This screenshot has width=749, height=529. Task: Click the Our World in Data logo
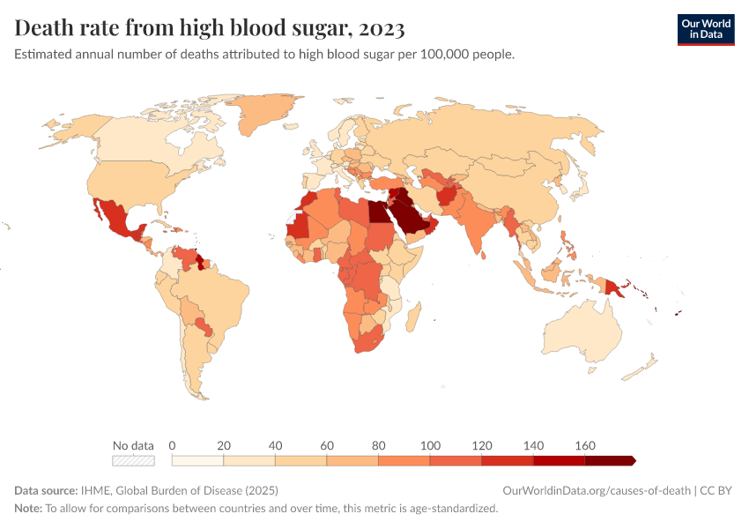pos(705,29)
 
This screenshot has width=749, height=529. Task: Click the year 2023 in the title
pos(382,28)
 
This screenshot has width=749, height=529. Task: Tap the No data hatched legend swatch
pos(133,460)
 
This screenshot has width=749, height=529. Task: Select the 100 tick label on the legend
pos(430,445)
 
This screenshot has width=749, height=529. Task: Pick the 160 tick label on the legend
pos(585,445)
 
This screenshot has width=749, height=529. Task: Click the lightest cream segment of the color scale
pos(197,460)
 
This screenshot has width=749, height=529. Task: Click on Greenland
pos(264,115)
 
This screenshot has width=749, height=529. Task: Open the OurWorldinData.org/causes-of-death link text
pos(597,490)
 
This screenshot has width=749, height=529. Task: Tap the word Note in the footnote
pos(27,508)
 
